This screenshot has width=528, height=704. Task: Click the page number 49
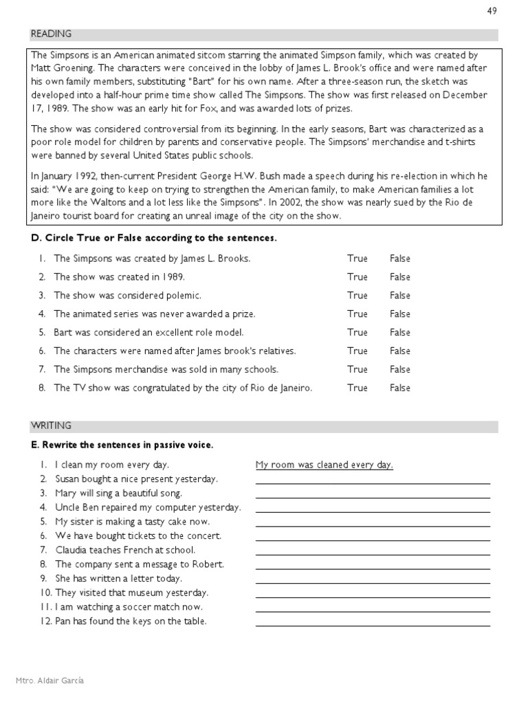[492, 11]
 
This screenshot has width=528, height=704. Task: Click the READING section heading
[50, 34]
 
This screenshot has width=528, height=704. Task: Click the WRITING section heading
[50, 426]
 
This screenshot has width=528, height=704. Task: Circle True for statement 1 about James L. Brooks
[357, 259]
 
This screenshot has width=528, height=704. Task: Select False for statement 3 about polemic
[399, 296]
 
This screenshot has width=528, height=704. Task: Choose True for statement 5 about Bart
[357, 333]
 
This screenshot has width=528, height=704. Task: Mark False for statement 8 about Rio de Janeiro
[399, 388]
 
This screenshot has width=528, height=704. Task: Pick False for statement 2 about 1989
[399, 278]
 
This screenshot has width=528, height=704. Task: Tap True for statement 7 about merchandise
[357, 369]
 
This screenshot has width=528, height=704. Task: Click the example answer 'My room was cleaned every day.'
[324, 465]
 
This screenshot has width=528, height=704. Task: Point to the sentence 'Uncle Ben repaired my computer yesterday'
[148, 507]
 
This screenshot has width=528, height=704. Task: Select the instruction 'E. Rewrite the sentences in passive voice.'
[122, 445]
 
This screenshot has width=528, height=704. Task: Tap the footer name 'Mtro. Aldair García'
[50, 681]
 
